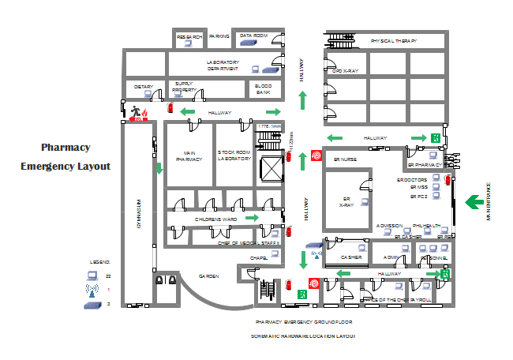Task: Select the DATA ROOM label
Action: [x=253, y=36]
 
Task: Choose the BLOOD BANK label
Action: [x=263, y=89]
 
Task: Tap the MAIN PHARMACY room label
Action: [x=189, y=156]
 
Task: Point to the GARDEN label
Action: [x=208, y=276]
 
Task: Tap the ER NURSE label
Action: [x=346, y=159]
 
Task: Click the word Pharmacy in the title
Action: [x=66, y=147]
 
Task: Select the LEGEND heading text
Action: [x=100, y=261]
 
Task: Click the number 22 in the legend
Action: [x=108, y=276]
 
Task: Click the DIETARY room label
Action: [x=144, y=86]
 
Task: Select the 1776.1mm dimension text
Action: [x=269, y=126]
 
